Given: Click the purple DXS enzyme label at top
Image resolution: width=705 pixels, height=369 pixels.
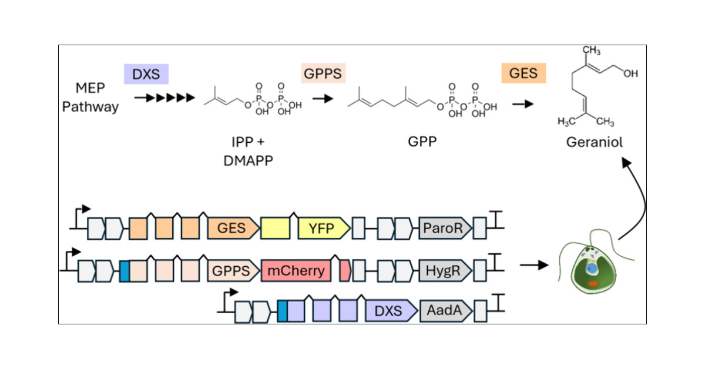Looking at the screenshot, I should pyautogui.click(x=146, y=75).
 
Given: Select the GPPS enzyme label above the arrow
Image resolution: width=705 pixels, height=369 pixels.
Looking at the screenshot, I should pyautogui.click(x=322, y=75).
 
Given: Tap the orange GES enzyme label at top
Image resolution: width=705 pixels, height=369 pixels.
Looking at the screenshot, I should pyautogui.click(x=523, y=75).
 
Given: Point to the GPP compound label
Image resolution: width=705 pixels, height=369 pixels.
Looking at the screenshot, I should pyautogui.click(x=422, y=143).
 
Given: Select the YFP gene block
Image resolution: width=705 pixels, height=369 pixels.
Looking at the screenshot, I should pyautogui.click(x=322, y=228).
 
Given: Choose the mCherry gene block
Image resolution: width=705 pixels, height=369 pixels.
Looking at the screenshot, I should pyautogui.click(x=296, y=270).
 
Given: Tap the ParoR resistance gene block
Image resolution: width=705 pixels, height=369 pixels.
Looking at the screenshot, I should pyautogui.click(x=445, y=228).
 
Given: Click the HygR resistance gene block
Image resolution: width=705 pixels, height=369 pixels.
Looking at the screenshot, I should pyautogui.click(x=445, y=270).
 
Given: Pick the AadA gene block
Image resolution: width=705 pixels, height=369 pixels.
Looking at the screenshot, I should pyautogui.click(x=445, y=310).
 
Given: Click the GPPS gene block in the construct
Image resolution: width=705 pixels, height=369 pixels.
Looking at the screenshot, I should pyautogui.click(x=233, y=270).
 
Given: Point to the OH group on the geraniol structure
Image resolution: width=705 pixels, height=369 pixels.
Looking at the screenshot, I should pyautogui.click(x=630, y=74).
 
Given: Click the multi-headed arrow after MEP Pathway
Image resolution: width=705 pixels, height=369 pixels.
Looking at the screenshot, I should pyautogui.click(x=164, y=98).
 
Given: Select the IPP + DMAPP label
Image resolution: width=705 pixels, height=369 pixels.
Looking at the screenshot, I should pyautogui.click(x=249, y=151).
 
